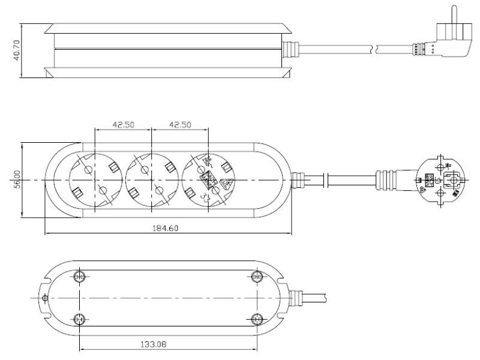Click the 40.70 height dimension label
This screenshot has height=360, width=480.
click(18, 51)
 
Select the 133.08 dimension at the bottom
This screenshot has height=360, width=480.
click(167, 346)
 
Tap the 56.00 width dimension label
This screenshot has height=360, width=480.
click(18, 180)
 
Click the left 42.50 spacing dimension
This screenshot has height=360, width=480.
click(123, 125)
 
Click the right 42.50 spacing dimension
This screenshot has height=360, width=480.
click(180, 125)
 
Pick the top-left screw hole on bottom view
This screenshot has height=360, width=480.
click(79, 277)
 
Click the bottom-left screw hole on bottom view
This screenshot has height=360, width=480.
click(79, 319)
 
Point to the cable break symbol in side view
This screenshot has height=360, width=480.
click(376, 47)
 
